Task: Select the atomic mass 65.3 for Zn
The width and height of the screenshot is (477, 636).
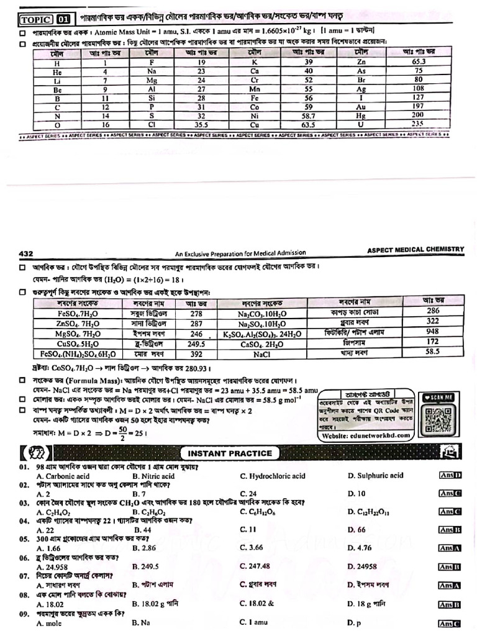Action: (x=418, y=62)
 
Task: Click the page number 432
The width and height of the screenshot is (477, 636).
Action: (x=26, y=253)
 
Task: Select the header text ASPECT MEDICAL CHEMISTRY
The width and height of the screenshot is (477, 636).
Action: (x=416, y=250)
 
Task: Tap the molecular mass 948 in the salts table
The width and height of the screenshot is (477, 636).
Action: (x=432, y=332)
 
